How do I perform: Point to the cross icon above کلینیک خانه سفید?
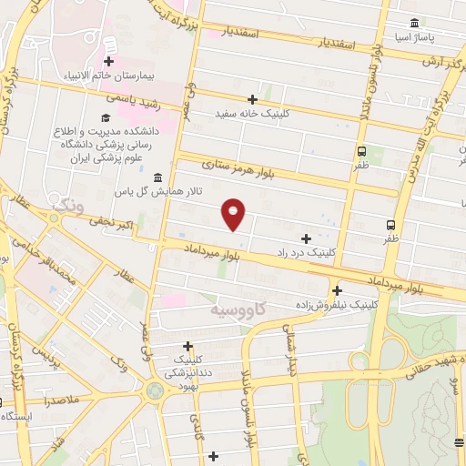click(x=252, y=99)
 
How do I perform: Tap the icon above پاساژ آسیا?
click(x=414, y=23)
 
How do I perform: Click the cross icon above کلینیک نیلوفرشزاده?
click(x=337, y=290)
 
